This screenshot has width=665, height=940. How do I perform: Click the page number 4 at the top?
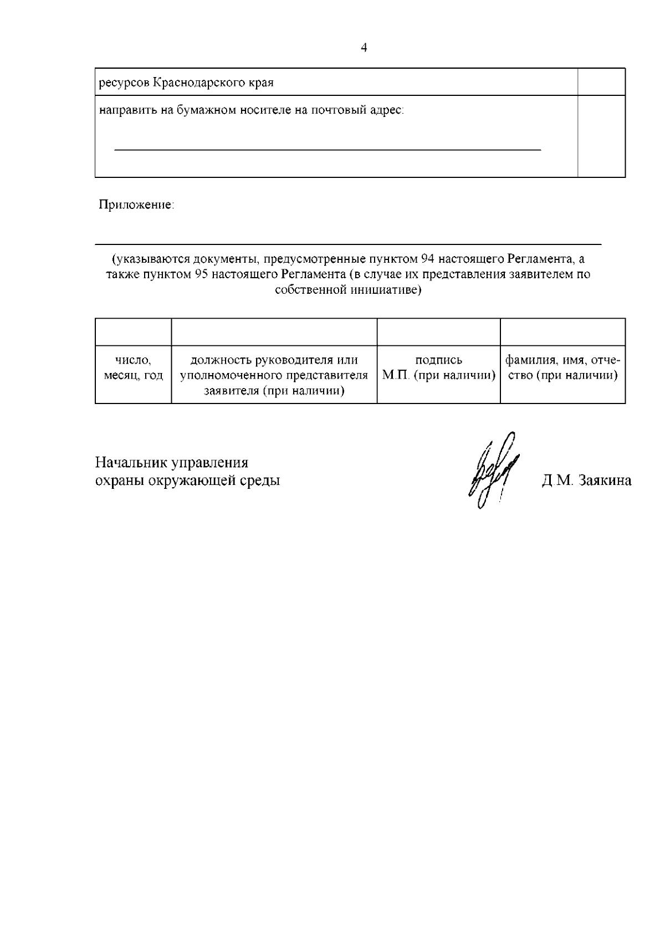pyautogui.click(x=364, y=48)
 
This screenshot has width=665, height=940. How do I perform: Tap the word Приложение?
pyautogui.click(x=136, y=205)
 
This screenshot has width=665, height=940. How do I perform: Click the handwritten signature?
pyautogui.click(x=494, y=471)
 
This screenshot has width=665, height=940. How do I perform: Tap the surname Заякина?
pyautogui.click(x=605, y=481)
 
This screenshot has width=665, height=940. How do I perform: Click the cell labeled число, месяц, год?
pyautogui.click(x=133, y=368)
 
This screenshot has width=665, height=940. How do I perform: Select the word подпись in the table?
pyautogui.click(x=438, y=361)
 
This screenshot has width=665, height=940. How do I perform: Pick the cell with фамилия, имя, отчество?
pyautogui.click(x=562, y=368)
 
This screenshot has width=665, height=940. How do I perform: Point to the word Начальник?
pyautogui.click(x=131, y=463)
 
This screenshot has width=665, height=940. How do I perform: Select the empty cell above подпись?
pyautogui.click(x=438, y=331)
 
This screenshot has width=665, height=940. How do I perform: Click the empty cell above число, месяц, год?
pyautogui.click(x=133, y=331)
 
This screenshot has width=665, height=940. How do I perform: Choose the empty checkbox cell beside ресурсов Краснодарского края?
pyautogui.click(x=601, y=82)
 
